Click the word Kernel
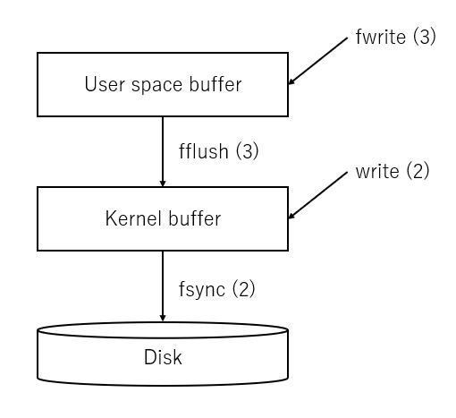(134, 218)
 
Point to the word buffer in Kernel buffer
(195, 218)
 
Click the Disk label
(163, 357)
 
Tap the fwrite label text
(381, 37)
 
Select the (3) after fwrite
(425, 37)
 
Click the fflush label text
(204, 151)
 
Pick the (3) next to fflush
(248, 151)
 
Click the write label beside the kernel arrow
(377, 172)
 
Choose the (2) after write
(418, 171)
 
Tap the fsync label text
(202, 289)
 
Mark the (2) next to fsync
(244, 289)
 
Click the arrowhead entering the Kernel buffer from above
(163, 183)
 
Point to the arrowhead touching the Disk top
(163, 318)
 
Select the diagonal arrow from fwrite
(318, 61)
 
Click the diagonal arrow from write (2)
(318, 195)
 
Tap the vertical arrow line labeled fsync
(163, 286)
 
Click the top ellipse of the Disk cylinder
(163, 337)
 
